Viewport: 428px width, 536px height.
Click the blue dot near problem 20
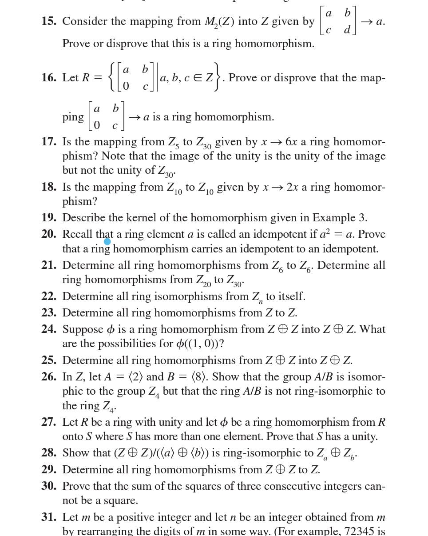(107, 241)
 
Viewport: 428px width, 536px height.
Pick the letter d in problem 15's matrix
(347, 30)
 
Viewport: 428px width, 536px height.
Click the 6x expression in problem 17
(292, 142)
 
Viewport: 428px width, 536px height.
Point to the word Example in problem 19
(333, 218)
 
